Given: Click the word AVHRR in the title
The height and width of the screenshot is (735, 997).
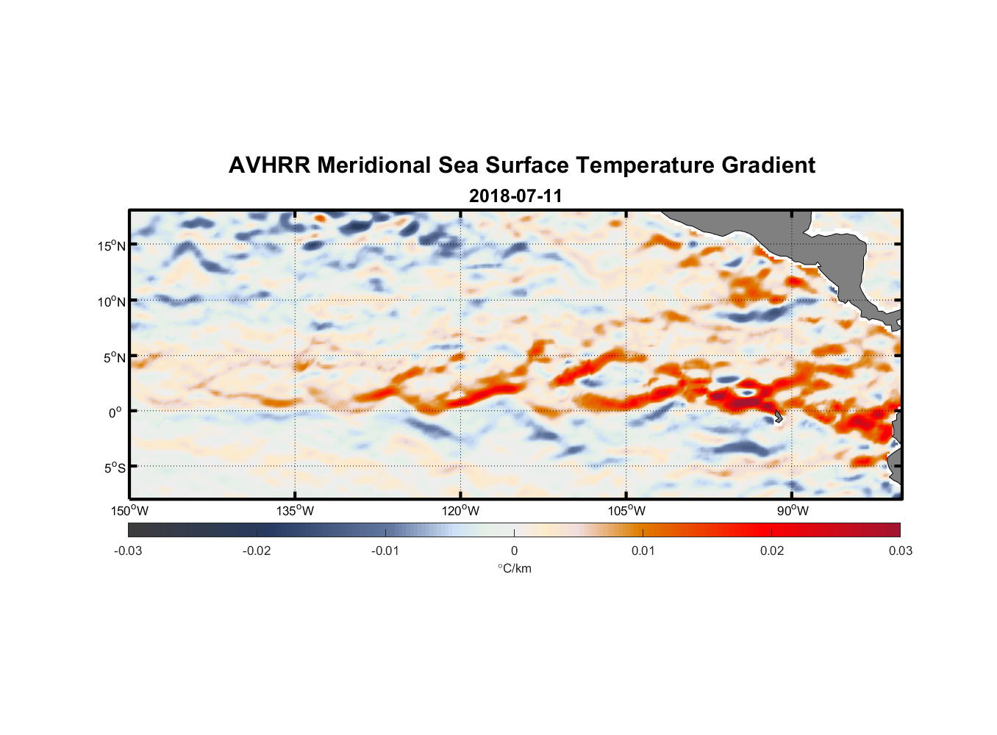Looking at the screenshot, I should (268, 165).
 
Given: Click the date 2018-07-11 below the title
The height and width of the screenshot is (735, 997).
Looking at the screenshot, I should (515, 196).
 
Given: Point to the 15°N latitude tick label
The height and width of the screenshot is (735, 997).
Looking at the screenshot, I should (112, 245).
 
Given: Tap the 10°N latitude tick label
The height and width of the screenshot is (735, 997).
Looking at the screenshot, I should (112, 301).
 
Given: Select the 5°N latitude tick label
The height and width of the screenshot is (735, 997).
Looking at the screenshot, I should (114, 357).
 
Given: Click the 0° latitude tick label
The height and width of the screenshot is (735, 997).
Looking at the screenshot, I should (115, 412).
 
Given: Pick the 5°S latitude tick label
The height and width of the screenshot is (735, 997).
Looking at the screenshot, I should (114, 468).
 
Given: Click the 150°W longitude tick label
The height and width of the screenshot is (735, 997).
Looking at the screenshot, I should (129, 511).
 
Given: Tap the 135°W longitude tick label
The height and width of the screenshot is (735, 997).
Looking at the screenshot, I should (295, 511).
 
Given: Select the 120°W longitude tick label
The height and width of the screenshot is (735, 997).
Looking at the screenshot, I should (461, 511).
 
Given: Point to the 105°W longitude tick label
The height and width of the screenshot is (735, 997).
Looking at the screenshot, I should (626, 511).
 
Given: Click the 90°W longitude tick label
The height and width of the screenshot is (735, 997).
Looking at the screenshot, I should (793, 511).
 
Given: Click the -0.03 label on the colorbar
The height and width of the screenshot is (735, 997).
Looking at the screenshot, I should (128, 551).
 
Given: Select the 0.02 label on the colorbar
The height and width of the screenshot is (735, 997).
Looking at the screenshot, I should (772, 551).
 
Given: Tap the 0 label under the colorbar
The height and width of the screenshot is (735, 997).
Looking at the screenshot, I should (514, 551).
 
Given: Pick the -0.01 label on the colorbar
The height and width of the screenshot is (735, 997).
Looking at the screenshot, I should (385, 551).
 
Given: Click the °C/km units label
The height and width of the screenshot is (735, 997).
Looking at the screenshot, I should (515, 568).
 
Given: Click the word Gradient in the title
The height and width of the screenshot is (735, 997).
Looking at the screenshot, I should (768, 165).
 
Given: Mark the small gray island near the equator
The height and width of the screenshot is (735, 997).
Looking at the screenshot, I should (778, 417).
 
